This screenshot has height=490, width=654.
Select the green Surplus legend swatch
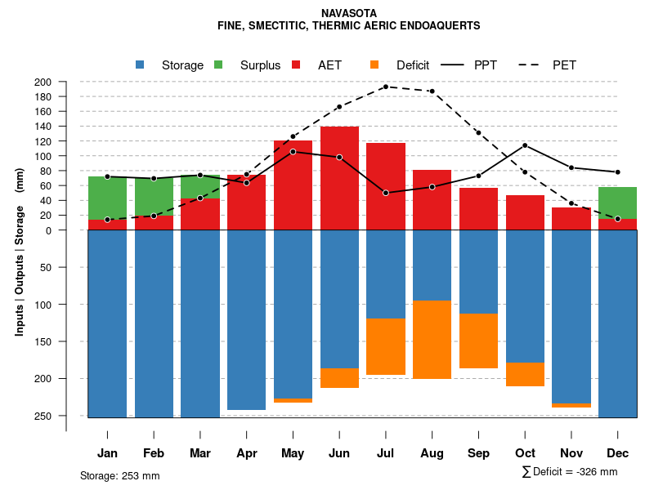[218, 65]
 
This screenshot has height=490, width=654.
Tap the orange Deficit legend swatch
[374, 65]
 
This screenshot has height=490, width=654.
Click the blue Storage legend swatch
[140, 65]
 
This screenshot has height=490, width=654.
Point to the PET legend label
[564, 65]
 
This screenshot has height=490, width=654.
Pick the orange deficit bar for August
[432, 340]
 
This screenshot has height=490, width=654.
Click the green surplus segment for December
[618, 203]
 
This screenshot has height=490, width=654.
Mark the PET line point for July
[385, 87]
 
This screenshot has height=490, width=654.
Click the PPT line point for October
[525, 145]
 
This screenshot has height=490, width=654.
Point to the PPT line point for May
[293, 151]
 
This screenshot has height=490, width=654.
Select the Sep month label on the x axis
[478, 453]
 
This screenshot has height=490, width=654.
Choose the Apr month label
[247, 453]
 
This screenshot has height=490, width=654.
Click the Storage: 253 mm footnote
[119, 475]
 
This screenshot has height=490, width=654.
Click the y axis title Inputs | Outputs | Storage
[20, 252]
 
